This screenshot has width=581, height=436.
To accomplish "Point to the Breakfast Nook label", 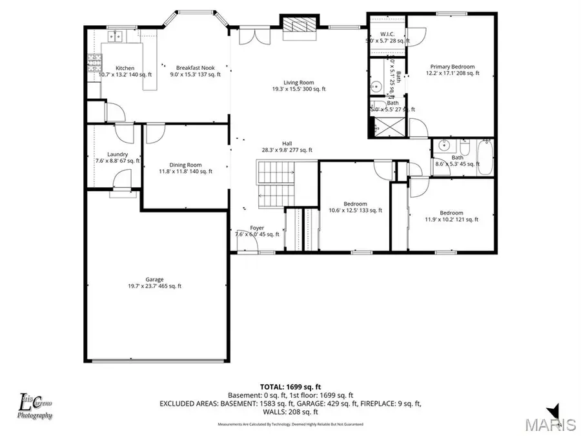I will click(x=196, y=67).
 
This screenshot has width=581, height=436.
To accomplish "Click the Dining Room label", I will click(x=177, y=165).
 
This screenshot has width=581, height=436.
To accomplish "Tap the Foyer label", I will click(x=257, y=228).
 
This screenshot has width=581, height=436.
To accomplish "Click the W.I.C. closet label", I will click(x=387, y=34).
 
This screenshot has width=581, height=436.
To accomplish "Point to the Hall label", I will click(x=287, y=143).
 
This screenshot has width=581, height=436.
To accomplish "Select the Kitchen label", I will click(x=125, y=68).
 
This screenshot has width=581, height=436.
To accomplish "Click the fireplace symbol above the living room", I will click(x=298, y=25).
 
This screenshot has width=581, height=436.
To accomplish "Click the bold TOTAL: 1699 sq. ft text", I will click(x=290, y=385).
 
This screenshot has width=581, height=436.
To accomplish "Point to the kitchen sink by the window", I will click(x=117, y=36).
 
